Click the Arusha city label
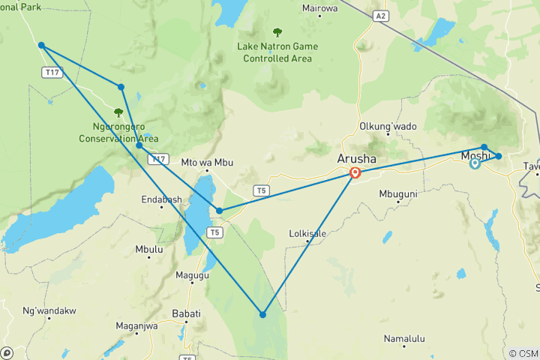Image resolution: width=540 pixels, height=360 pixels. (357, 159)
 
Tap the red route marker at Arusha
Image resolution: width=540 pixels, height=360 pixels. (355, 173)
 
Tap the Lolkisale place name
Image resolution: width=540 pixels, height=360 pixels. (307, 233)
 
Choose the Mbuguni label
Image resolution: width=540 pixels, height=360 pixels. (397, 193)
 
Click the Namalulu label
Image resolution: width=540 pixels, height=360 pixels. (404, 339)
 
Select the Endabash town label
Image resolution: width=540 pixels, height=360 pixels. (161, 199)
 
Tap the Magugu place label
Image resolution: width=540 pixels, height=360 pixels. (191, 276)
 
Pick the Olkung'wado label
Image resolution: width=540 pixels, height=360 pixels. (388, 127)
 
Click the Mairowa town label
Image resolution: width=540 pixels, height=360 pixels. (319, 8)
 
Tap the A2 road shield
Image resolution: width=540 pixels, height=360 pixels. (381, 15)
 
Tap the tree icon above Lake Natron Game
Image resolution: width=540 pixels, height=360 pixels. (277, 32)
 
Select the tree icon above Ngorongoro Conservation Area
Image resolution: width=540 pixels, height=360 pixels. (118, 112)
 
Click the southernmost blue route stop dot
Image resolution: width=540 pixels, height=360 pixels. (262, 314)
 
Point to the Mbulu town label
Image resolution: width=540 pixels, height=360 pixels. (148, 249)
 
